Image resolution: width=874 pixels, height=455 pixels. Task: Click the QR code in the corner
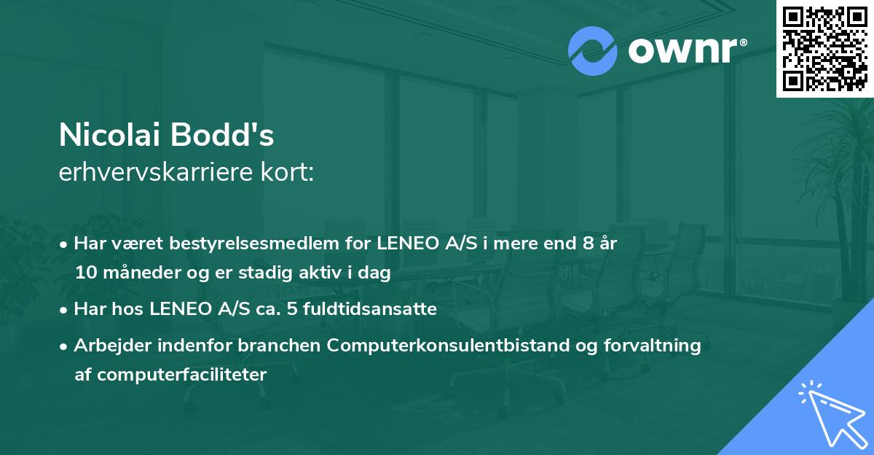(824, 49)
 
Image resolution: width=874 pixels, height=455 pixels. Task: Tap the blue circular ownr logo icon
(593, 51)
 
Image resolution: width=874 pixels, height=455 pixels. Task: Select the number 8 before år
(588, 244)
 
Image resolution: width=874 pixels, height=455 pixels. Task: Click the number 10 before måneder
(84, 273)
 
